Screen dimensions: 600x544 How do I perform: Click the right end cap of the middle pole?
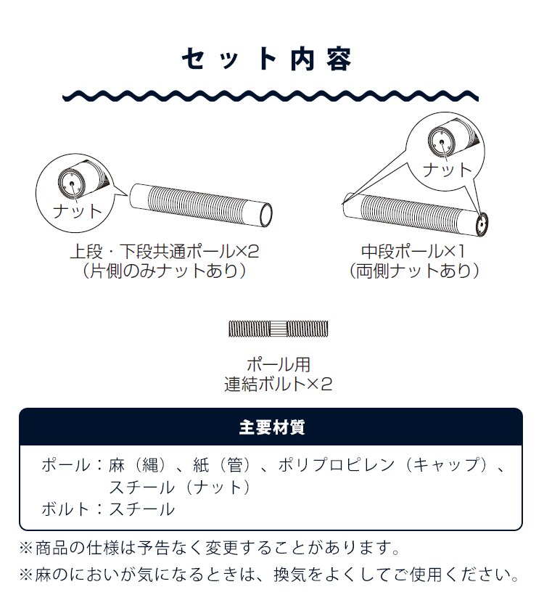point(482,224)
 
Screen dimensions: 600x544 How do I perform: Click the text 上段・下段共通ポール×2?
point(164,252)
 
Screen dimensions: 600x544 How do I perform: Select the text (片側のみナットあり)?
point(164,271)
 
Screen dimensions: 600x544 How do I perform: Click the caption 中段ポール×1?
point(413,252)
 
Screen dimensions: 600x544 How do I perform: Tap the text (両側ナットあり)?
point(413,271)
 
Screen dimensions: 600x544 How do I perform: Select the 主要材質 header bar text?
point(271,427)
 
